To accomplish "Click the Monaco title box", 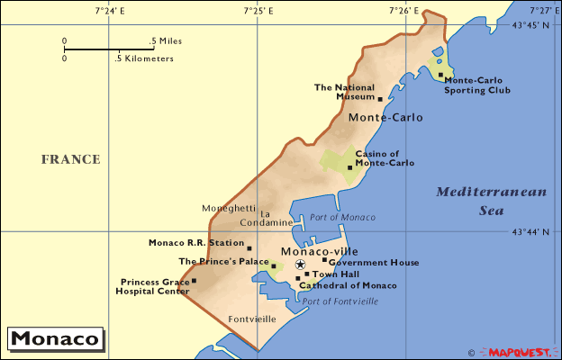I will [55, 340].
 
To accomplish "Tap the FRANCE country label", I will [70, 159].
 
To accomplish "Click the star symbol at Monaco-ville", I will [300, 265].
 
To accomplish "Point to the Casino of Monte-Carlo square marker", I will [349, 167].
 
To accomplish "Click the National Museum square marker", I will [380, 99].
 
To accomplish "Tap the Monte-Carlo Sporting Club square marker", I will [440, 76].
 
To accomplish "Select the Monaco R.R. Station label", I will [195, 243].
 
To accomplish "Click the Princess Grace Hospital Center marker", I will [194, 281].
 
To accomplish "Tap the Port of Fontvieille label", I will [340, 301].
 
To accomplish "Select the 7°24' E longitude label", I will [109, 11].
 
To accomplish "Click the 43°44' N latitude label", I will [530, 232].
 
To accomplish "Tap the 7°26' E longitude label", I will [404, 11].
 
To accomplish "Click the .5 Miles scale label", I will [166, 41].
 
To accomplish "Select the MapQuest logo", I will [521, 351].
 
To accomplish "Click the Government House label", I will [374, 262].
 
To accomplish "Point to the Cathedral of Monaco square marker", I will [298, 278].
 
